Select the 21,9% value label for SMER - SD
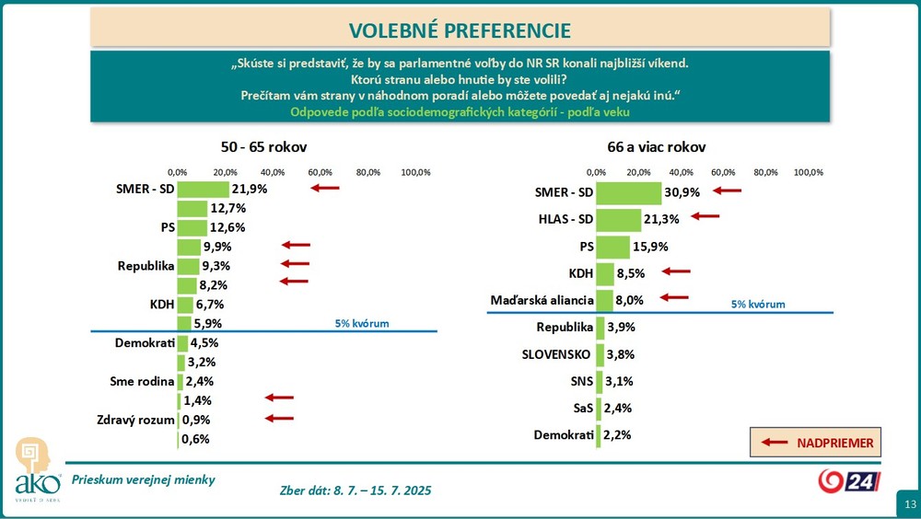(x=249, y=189)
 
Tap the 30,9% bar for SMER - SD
(x=628, y=192)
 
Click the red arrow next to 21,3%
(x=705, y=216)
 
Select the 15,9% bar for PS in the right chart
(x=612, y=247)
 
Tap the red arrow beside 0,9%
(x=279, y=418)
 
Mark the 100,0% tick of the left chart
(x=415, y=172)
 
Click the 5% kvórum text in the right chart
(x=758, y=304)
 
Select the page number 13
(x=909, y=504)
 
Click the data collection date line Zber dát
(x=355, y=490)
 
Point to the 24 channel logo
(x=849, y=480)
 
